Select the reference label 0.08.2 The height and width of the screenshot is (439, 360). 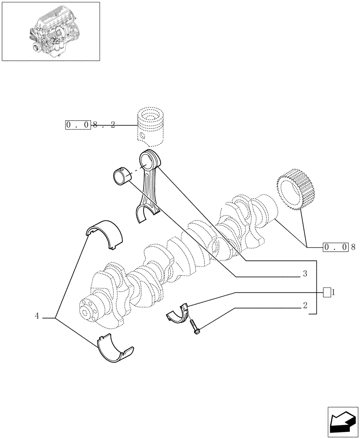click(90, 125)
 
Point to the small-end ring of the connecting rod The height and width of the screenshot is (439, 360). click(149, 158)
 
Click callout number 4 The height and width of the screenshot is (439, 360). click(37, 316)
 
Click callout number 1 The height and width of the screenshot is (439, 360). click(334, 291)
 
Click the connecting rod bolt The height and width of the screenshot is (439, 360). click(194, 327)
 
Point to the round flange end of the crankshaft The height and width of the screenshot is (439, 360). click(90, 310)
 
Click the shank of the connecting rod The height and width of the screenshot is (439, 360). click(148, 187)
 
